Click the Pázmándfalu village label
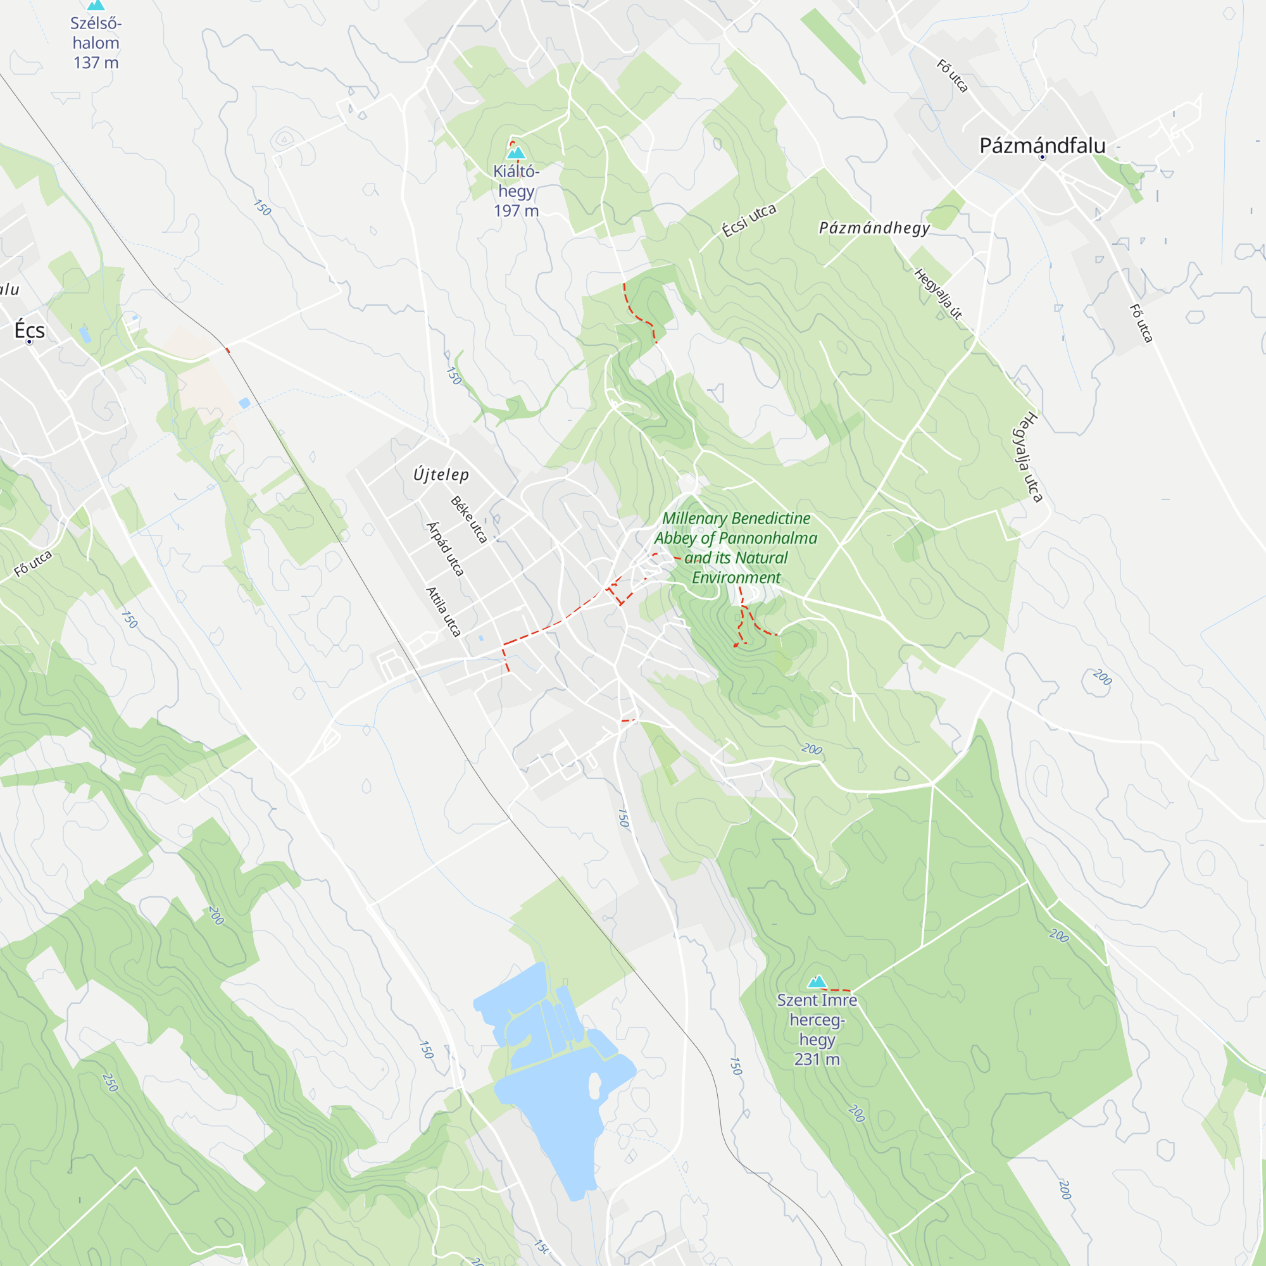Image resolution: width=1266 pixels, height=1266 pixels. (1042, 146)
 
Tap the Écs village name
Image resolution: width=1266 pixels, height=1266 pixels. (30, 330)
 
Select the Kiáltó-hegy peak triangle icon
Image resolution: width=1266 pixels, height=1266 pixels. (517, 153)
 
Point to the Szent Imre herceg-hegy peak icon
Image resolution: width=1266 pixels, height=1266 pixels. (817, 982)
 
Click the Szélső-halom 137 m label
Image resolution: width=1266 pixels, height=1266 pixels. (96, 43)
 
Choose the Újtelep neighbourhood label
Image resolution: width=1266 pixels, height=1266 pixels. (441, 474)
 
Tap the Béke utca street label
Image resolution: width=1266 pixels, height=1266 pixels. (469, 520)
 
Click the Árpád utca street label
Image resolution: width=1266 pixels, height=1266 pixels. (446, 548)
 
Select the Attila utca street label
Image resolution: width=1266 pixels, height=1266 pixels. (444, 611)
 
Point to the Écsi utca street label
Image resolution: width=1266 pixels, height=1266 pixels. (749, 221)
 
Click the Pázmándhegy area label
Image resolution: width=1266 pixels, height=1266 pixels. (874, 228)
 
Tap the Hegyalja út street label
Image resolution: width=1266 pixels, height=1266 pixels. (938, 294)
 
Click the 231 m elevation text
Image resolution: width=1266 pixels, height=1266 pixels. (817, 1060)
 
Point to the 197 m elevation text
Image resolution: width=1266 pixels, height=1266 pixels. (517, 211)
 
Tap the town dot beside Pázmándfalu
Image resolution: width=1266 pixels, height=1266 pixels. (1043, 157)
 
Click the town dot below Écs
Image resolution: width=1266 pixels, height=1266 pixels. (29, 342)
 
